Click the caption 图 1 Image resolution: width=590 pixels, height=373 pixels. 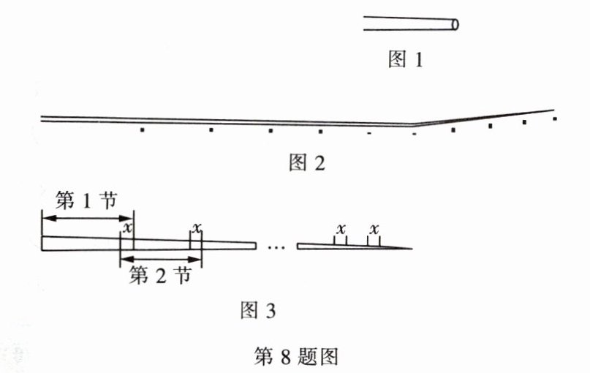(x=405, y=59)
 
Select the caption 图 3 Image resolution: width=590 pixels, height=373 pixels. (x=258, y=311)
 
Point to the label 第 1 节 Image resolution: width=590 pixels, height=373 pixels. (x=86, y=200)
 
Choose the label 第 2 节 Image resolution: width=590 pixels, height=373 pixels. (x=160, y=276)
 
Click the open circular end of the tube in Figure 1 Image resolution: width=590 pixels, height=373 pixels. (x=455, y=24)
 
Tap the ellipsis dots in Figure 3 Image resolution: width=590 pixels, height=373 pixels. (x=276, y=247)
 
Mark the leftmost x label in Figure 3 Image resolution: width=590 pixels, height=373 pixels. (x=129, y=227)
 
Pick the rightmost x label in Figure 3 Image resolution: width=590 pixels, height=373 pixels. (x=374, y=229)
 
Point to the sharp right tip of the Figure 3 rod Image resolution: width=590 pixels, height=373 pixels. (x=412, y=249)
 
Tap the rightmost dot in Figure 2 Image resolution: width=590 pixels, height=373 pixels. (x=556, y=118)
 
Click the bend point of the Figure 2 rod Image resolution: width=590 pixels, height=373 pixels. (x=414, y=125)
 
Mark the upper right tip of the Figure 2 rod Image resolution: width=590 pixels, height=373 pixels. (x=553, y=110)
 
